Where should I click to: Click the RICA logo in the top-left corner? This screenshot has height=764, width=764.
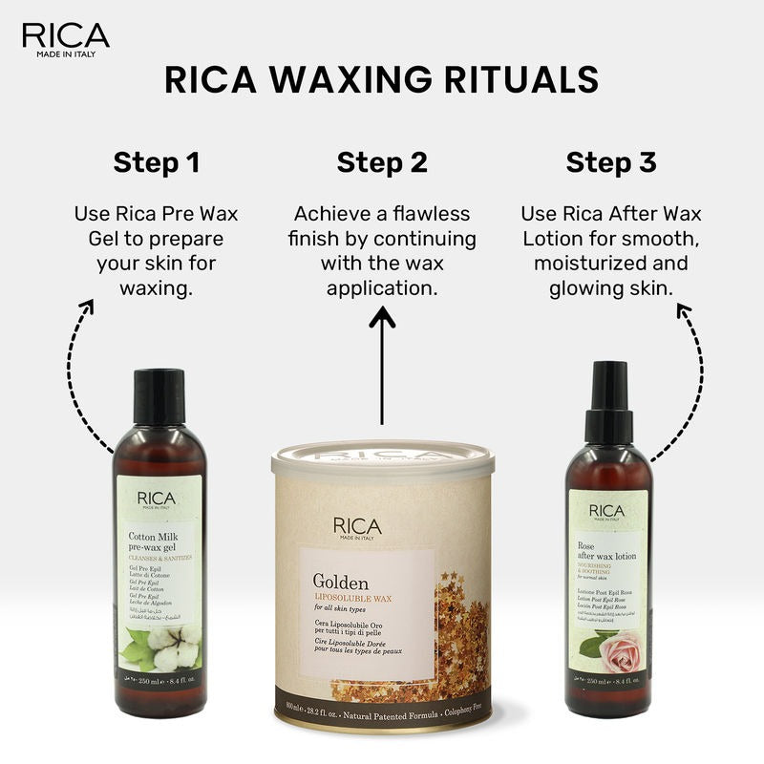65,37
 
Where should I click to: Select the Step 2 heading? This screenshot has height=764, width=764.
381,162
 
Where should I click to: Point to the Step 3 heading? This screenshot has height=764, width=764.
610,162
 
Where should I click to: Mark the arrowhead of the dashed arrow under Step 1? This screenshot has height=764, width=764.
86,307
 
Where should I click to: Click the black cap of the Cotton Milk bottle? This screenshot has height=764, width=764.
159,396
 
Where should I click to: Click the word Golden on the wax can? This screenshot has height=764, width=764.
341,581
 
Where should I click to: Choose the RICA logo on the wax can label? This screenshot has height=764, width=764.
357,527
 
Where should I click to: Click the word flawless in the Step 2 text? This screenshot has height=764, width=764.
431,214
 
